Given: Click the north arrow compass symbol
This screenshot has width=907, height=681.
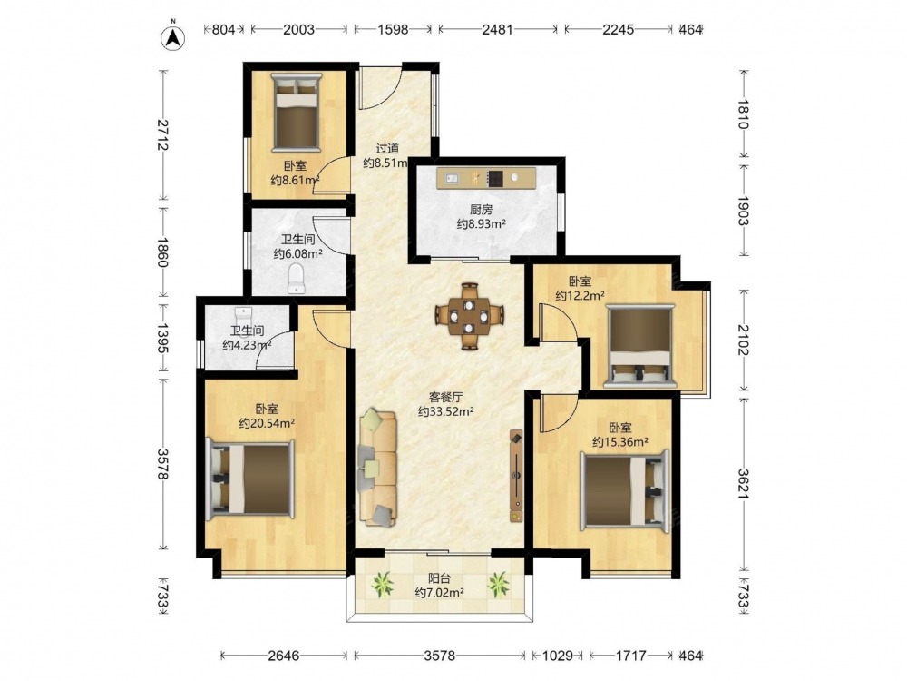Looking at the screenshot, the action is [x=173, y=36].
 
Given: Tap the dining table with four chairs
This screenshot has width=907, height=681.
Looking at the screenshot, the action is [x=470, y=316].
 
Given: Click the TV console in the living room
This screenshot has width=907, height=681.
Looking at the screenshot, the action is [x=516, y=476].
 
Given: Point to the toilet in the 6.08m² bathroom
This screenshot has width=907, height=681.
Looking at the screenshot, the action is [x=297, y=278].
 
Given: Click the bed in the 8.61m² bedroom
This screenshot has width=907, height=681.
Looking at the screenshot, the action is [x=297, y=111].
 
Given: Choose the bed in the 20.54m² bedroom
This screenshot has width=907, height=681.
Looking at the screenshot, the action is [x=250, y=479].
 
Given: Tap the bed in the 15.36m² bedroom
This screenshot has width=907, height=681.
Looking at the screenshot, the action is [x=624, y=490].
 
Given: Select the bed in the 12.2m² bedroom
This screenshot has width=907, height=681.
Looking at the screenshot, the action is [x=639, y=346].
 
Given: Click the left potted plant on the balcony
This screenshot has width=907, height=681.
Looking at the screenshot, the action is [x=382, y=584].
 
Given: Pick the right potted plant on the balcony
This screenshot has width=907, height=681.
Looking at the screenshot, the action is [x=498, y=584].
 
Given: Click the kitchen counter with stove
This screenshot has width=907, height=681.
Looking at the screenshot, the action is [x=487, y=178].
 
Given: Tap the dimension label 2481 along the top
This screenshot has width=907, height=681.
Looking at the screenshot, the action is [x=497, y=29].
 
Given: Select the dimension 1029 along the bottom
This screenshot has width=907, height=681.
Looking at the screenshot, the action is [x=558, y=656].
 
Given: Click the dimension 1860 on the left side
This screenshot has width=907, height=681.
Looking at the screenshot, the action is [x=162, y=252].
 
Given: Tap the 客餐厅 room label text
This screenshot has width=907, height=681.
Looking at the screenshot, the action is [x=446, y=398].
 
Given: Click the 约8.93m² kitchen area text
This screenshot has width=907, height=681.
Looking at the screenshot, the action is [x=482, y=223].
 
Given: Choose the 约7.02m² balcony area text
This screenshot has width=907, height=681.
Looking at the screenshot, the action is [x=440, y=592].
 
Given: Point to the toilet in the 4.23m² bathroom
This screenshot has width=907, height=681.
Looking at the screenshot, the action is [x=245, y=316].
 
